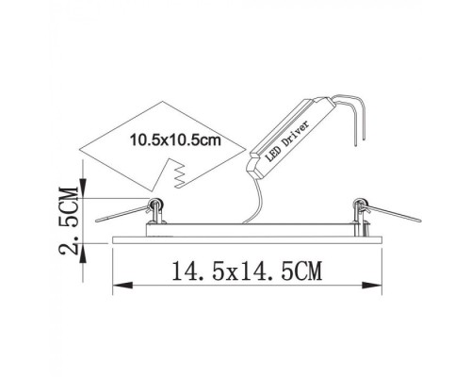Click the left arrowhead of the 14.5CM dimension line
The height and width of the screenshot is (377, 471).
(117, 283)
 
